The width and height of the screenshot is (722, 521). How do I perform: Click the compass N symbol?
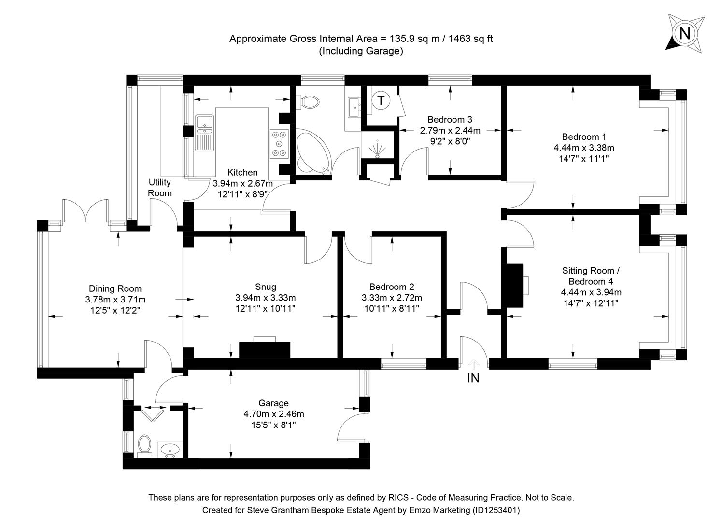684,33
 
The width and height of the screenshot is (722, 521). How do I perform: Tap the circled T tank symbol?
382,101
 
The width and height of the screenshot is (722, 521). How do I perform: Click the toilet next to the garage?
144,444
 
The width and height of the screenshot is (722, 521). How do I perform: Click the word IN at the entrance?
473,378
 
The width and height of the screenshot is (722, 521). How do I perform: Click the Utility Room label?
159,188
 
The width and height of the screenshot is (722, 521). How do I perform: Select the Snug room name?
265,287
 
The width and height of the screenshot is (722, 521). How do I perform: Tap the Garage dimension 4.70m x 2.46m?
274,414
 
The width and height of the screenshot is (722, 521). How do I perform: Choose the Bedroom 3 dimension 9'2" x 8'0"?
450,141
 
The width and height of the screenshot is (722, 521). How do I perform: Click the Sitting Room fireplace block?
514,286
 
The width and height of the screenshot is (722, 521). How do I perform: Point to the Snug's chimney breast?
265,350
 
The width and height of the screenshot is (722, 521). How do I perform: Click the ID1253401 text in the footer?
496,510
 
